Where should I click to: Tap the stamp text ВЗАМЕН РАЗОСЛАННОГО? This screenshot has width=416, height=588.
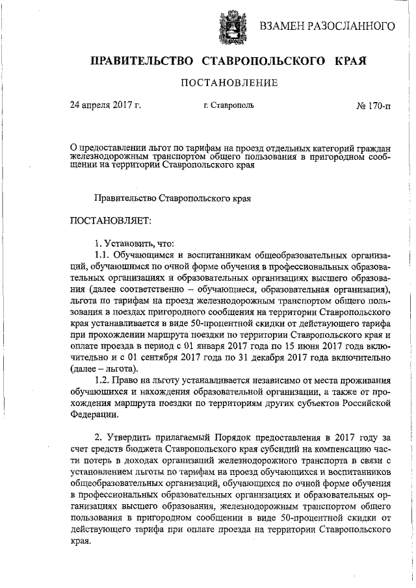[x=328, y=26]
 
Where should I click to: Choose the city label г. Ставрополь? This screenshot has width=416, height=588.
[x=228, y=104]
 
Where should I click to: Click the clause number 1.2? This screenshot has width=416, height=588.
[x=105, y=379]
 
